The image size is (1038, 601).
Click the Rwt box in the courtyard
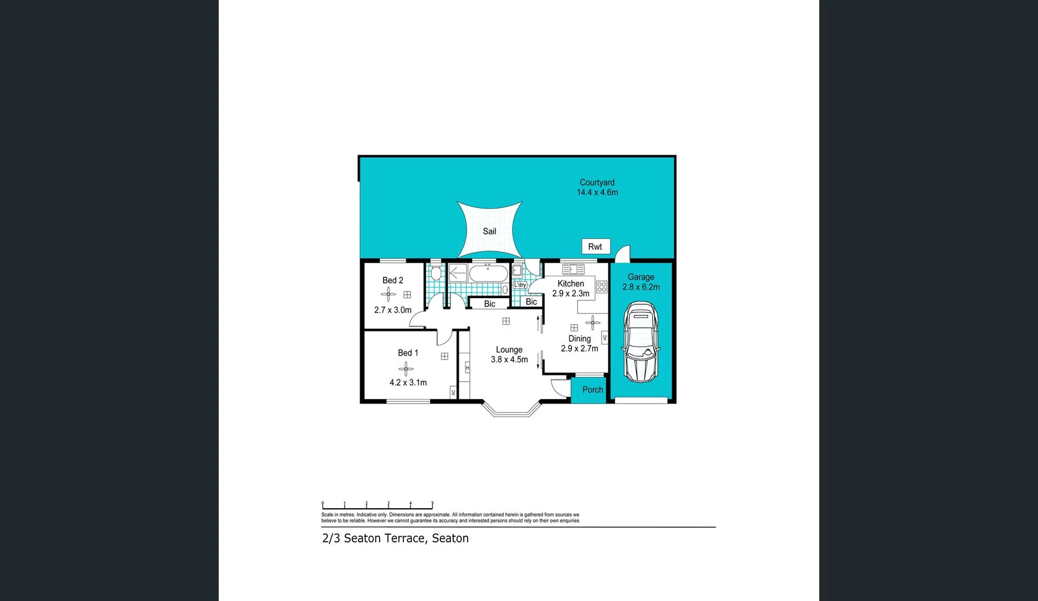[595, 246]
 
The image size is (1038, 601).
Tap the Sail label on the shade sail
[489, 231]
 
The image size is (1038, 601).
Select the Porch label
[592, 389]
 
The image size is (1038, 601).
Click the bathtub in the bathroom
[488, 274]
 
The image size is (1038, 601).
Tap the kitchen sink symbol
[573, 270]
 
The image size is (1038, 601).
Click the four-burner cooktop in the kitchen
[602, 287]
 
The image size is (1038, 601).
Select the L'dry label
[520, 285]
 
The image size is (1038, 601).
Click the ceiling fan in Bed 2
[388, 294]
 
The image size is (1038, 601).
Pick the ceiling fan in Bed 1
[405, 369]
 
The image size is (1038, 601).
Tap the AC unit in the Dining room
[605, 338]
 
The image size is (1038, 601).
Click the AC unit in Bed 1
[453, 392]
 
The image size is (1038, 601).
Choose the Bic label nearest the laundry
[531, 302]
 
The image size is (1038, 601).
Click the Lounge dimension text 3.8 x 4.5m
[509, 360]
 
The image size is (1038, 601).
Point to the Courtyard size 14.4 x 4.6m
[597, 192]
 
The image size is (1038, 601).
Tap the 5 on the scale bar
[432, 503]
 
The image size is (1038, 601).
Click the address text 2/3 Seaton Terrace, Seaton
[395, 538]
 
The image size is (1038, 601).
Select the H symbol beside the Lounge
[467, 368]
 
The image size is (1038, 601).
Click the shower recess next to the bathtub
[457, 273]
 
